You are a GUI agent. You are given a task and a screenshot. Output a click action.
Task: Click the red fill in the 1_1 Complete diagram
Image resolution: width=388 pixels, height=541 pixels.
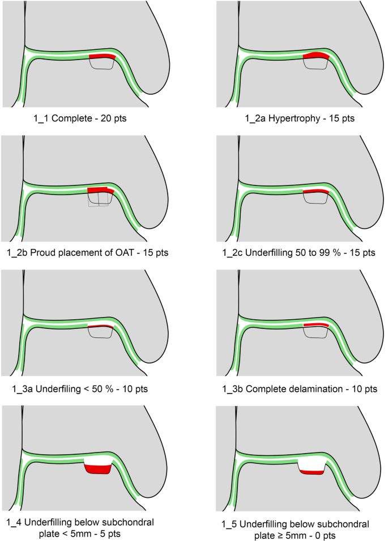click(103, 57)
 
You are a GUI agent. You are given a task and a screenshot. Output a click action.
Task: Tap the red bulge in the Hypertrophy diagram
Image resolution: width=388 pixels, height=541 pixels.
click(316, 56)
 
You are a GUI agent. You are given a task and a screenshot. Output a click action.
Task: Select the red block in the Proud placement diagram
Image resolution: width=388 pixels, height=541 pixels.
click(98, 190)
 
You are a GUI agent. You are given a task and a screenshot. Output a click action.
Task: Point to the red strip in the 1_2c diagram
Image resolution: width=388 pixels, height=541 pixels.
click(316, 192)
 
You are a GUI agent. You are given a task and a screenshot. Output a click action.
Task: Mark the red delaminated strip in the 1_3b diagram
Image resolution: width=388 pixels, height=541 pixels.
click(316, 325)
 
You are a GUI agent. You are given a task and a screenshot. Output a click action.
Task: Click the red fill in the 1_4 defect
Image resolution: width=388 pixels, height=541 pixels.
click(97, 470)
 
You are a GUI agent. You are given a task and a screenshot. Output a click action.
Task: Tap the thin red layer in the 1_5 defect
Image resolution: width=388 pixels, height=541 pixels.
click(311, 472)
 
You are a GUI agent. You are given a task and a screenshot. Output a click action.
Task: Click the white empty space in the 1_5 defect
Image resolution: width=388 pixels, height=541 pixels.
click(312, 464)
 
